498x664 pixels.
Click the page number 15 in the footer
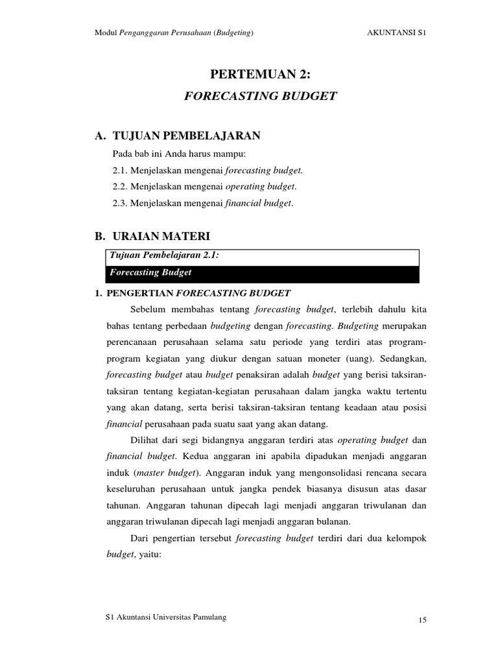tap(421, 621)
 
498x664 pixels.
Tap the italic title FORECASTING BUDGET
tap(261, 96)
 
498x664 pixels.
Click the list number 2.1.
tap(119, 171)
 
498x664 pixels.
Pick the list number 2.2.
tap(119, 187)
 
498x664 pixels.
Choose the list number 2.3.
tap(119, 204)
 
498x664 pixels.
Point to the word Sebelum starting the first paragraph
tap(147, 308)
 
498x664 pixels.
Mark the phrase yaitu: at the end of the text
tap(150, 556)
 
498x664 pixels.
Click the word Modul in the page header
tap(106, 34)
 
